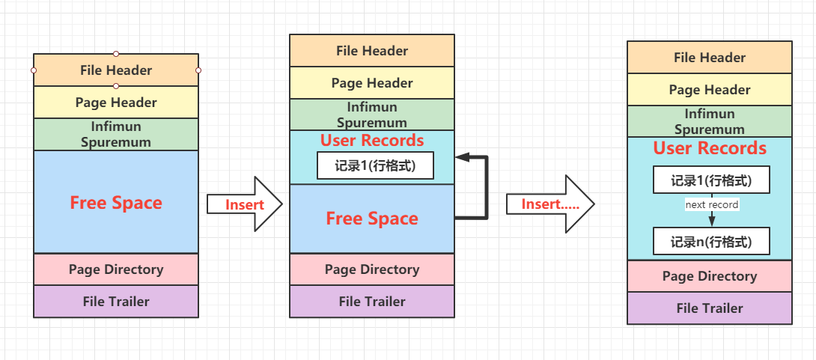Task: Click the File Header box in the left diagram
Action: (x=116, y=70)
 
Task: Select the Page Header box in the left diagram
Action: (x=116, y=103)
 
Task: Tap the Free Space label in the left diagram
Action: (x=116, y=203)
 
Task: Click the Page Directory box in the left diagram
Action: (x=116, y=269)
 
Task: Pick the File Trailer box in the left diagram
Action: (x=116, y=302)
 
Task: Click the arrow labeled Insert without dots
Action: (x=245, y=204)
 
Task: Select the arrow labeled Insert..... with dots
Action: (x=550, y=204)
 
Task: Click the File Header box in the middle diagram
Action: (x=372, y=51)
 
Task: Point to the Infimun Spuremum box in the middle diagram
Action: (x=372, y=115)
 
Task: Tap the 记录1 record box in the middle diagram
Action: (x=376, y=165)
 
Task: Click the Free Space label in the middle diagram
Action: (x=372, y=219)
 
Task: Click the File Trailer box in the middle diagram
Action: (x=372, y=302)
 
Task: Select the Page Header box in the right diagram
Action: (x=710, y=90)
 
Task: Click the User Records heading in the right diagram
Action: (x=710, y=148)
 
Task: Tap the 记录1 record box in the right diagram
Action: (x=711, y=181)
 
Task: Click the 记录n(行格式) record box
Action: (x=711, y=242)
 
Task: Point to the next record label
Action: (x=712, y=204)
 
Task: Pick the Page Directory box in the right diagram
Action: (x=710, y=276)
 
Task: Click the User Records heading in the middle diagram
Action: (x=372, y=141)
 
